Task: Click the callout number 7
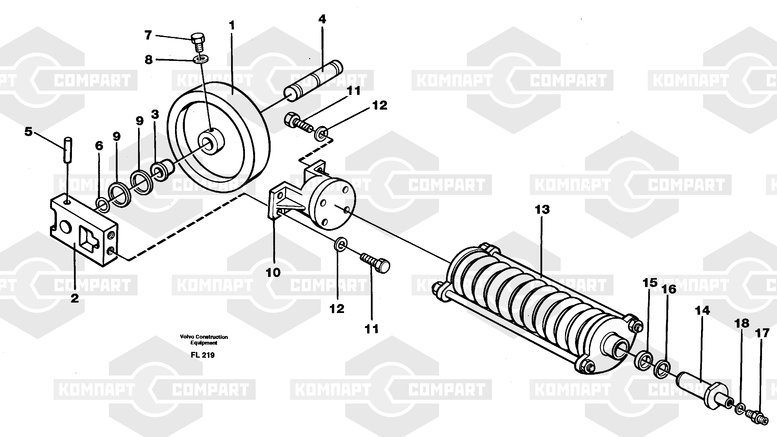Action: [148, 35]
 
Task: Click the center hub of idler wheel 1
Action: [211, 142]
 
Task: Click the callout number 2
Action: [75, 298]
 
